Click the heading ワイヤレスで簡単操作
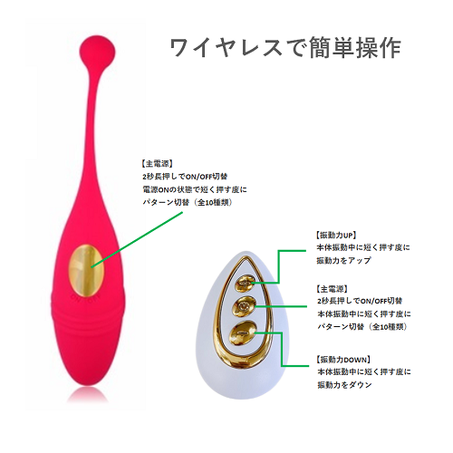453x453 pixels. [x=285, y=48]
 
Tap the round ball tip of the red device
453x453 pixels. [x=98, y=50]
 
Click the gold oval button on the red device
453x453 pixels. [x=87, y=270]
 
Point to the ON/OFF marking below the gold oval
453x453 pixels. [x=89, y=298]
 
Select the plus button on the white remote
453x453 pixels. [x=245, y=284]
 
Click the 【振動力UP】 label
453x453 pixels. [x=336, y=235]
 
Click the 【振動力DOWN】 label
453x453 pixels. [x=343, y=360]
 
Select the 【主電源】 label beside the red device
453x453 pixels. [x=157, y=164]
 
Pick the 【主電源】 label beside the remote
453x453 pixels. [x=332, y=289]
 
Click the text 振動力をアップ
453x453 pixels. [x=343, y=260]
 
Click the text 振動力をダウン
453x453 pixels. [x=344, y=385]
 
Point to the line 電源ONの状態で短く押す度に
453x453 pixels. [x=195, y=189]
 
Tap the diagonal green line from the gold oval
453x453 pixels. [x=137, y=239]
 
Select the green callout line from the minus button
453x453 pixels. [x=282, y=350]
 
